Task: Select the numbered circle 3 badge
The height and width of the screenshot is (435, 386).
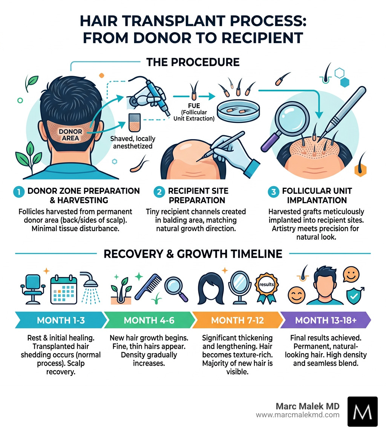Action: click(x=273, y=191)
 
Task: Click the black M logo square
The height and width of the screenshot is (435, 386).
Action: click(x=362, y=411)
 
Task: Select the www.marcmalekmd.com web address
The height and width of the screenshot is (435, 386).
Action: click(x=297, y=415)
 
